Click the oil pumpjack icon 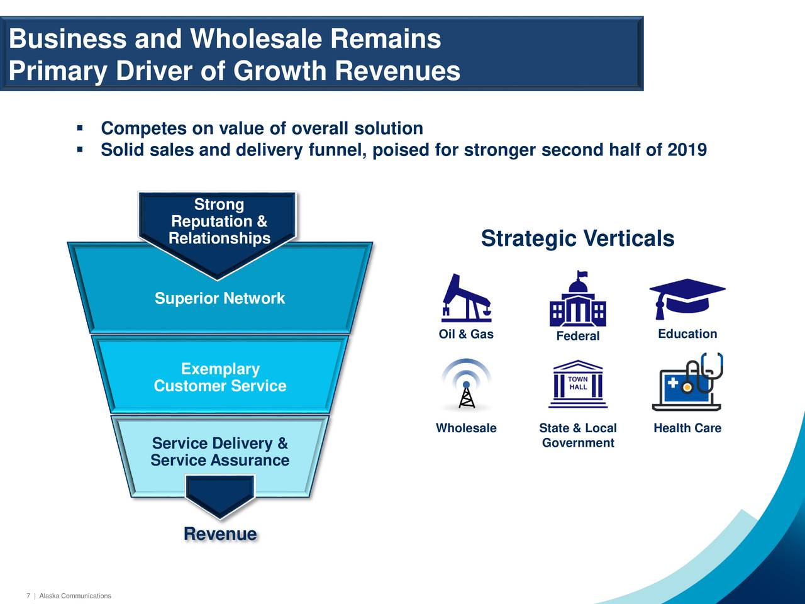[x=466, y=298]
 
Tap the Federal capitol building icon [x=577, y=298]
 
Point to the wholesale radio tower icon [x=467, y=384]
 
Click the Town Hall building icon [x=578, y=384]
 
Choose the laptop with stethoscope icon [x=687, y=382]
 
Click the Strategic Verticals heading [x=577, y=238]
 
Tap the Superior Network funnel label [x=219, y=298]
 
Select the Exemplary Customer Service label [x=220, y=377]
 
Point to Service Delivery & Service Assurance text [x=220, y=452]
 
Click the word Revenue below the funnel [x=220, y=534]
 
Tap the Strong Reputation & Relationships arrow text [x=219, y=221]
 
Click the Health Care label [x=687, y=428]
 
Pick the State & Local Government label [x=578, y=435]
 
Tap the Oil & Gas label [x=466, y=334]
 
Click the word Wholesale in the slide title [x=256, y=38]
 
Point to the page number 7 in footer [x=28, y=596]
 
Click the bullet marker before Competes [x=80, y=128]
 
